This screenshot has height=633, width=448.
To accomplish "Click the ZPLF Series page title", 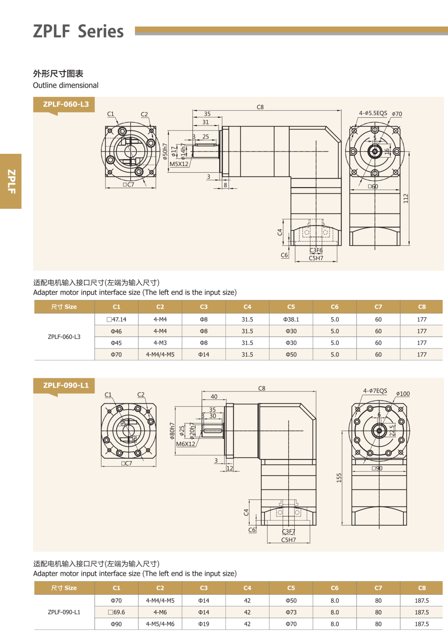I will [78, 31].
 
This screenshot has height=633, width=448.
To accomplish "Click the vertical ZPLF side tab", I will [11, 181].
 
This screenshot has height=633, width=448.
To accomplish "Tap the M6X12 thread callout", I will [185, 444].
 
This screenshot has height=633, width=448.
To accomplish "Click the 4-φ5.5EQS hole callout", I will [373, 113].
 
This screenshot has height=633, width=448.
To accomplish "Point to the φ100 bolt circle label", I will [403, 394].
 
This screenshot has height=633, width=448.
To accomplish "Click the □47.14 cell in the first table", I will [116, 319].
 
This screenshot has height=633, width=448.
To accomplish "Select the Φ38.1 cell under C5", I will [291, 319].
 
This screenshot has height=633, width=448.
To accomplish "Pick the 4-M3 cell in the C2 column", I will [160, 343].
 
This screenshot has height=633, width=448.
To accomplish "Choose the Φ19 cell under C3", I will [204, 624].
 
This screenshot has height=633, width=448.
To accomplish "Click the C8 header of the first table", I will [422, 307].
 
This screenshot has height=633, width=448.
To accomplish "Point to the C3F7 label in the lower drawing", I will [288, 531].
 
